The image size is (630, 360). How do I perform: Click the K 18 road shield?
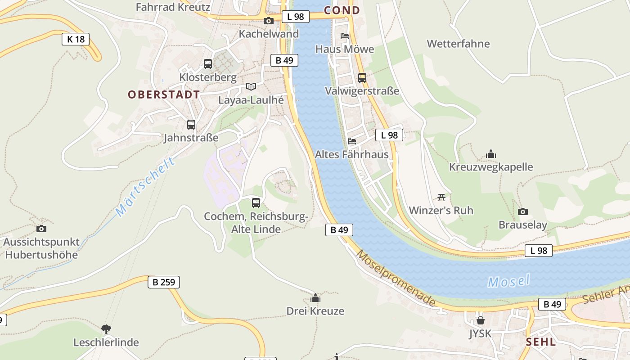[76, 39]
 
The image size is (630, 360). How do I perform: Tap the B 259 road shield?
[164, 282]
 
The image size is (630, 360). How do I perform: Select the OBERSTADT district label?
[164, 94]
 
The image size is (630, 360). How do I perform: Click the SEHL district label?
[541, 342]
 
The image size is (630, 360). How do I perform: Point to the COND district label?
[342, 10]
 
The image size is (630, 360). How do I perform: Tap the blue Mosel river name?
[509, 281]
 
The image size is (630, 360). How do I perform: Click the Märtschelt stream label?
[145, 187]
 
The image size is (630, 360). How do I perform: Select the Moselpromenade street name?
[396, 278]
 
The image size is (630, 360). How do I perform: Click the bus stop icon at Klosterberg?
[207, 64]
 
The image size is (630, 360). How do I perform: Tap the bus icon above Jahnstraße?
[191, 124]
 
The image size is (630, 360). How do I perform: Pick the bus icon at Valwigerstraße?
[362, 77]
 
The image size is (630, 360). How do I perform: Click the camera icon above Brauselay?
[522, 211]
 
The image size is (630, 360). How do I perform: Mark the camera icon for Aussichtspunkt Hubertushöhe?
[41, 229]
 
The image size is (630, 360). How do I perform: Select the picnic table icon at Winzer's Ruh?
[441, 197]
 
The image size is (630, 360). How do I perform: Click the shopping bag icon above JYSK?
[481, 320]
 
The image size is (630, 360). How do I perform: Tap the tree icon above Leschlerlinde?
[106, 329]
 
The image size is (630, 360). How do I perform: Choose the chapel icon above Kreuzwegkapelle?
[491, 154]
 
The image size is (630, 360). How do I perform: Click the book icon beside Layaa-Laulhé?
[251, 86]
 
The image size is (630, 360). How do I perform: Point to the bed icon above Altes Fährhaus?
[352, 141]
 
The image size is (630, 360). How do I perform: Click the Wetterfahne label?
[458, 44]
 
